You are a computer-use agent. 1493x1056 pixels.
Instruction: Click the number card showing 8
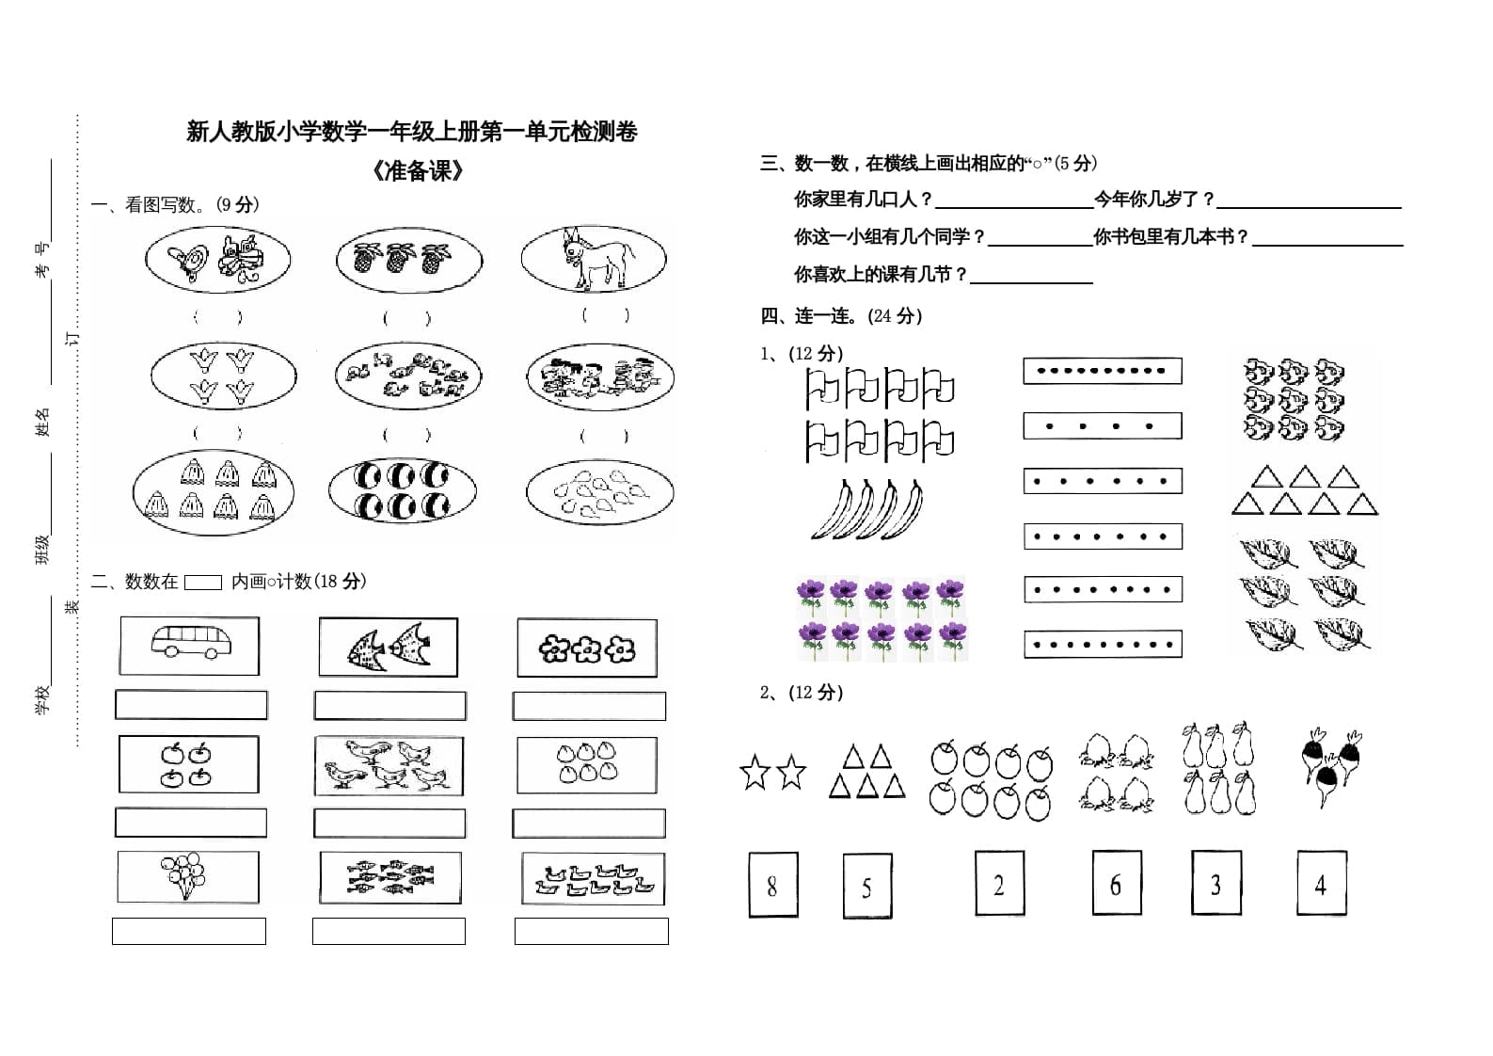(x=773, y=885)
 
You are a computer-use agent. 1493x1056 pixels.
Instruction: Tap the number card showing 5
(x=867, y=886)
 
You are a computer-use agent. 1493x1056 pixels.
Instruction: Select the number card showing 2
(x=999, y=884)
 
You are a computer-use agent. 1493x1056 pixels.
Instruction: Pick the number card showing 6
(x=1117, y=883)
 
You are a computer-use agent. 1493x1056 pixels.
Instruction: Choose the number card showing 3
(x=1215, y=883)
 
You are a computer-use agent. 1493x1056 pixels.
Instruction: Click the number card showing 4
(x=1321, y=883)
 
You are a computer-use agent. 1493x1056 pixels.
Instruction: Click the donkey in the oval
(x=595, y=258)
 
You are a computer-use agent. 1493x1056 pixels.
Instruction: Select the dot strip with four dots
(x=1102, y=426)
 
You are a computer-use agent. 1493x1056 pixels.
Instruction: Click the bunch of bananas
(x=866, y=508)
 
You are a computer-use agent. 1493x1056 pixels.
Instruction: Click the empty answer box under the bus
(x=191, y=705)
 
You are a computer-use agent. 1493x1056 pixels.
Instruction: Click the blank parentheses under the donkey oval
(x=604, y=315)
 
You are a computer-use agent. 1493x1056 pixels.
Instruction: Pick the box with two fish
(x=388, y=647)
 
